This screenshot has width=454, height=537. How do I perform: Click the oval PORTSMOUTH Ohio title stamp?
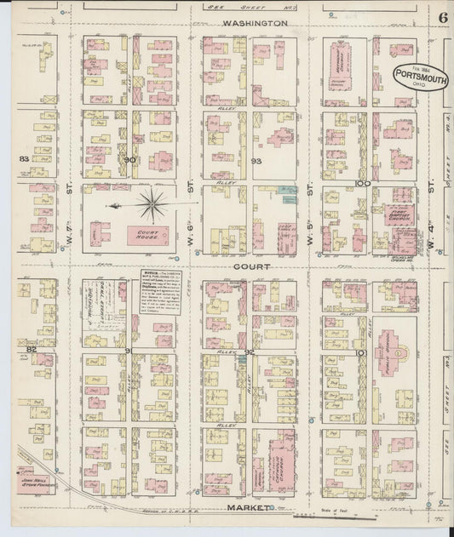point(417,76)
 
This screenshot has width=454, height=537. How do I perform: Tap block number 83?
point(25,158)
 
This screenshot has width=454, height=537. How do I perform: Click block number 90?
point(129,159)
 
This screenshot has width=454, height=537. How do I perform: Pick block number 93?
point(256,160)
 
